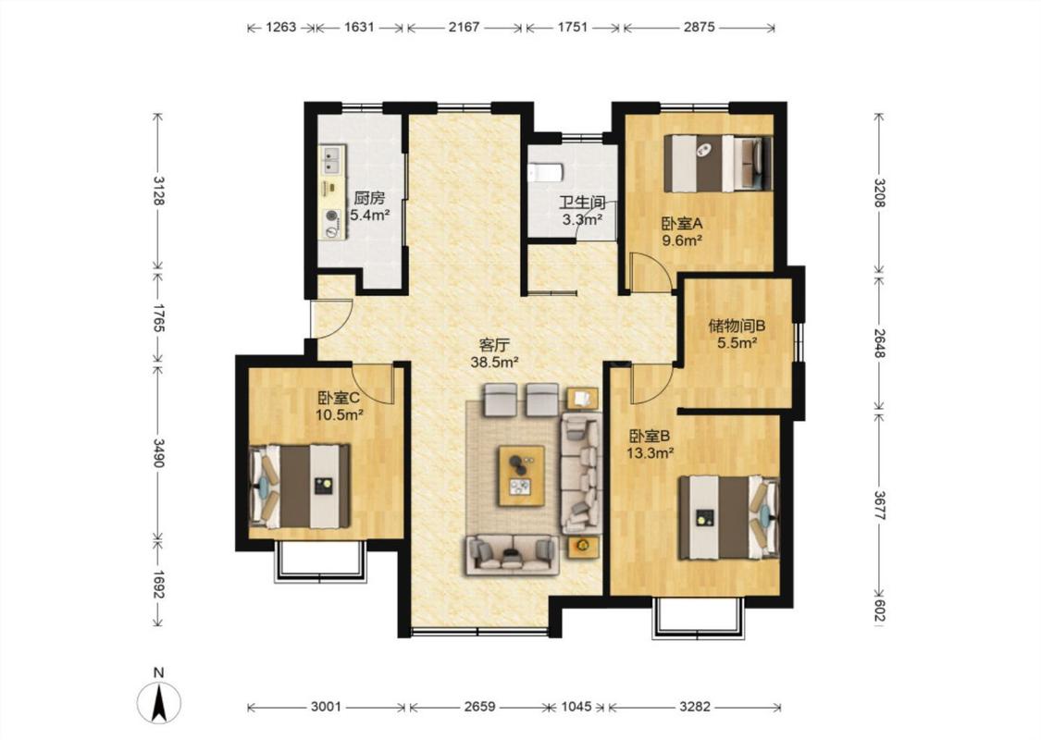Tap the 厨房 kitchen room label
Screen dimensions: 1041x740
pos(368,198)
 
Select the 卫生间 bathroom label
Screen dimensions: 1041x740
pos(582,203)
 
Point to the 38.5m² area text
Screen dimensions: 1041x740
pos(494,363)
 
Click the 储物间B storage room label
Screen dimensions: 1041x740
pos(737,326)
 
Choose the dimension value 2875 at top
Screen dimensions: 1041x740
pos(700,27)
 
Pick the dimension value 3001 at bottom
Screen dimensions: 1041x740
pos(326,707)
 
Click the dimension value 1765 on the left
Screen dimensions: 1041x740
pos(158,316)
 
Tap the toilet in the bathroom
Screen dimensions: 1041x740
pos(545,173)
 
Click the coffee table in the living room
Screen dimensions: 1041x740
pos(522,475)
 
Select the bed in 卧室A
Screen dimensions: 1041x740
pos(718,164)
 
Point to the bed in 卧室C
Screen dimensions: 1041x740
pos(300,486)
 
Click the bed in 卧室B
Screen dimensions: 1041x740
pos(728,518)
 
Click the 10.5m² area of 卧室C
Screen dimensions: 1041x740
pos(340,415)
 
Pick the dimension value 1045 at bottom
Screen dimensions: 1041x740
pos(576,707)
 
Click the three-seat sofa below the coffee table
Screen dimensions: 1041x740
pos(512,555)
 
